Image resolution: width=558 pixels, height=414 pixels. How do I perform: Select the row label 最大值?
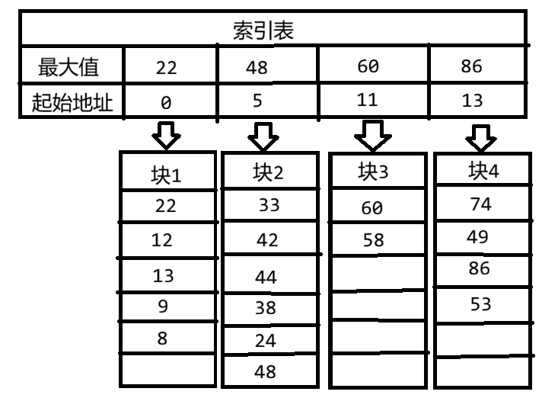click(69, 66)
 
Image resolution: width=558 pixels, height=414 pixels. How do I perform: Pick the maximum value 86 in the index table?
click(471, 66)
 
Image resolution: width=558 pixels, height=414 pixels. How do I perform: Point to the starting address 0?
click(167, 102)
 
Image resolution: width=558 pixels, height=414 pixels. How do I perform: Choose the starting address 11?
click(368, 101)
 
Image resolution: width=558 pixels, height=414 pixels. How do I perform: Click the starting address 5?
click(258, 101)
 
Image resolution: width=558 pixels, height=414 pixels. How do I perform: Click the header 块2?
click(268, 173)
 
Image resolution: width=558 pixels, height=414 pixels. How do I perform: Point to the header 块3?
click(374, 172)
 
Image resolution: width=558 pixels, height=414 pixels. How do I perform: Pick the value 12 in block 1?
click(163, 240)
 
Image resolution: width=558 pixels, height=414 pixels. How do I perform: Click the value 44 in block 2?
click(266, 276)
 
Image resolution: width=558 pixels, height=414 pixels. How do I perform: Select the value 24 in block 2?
click(265, 341)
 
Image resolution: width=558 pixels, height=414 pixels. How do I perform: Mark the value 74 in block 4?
click(482, 204)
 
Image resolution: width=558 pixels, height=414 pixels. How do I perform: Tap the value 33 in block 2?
click(269, 204)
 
